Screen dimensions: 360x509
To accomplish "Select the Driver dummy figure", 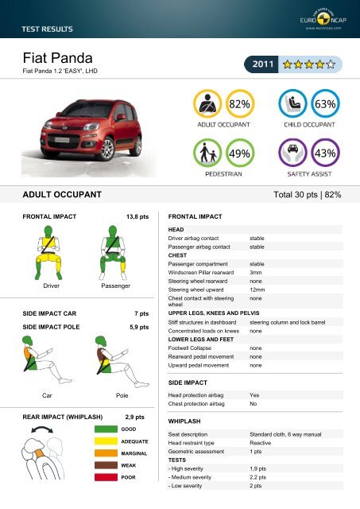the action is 41,251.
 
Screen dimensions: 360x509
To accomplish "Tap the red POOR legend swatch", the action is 105,478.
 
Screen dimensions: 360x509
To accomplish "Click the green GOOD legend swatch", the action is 105,429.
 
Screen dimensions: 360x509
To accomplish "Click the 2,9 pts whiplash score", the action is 139,415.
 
